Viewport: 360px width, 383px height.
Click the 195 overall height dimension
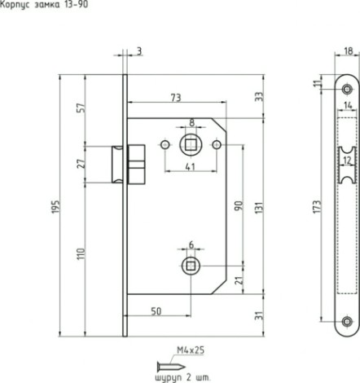pyautogui.click(x=55, y=207)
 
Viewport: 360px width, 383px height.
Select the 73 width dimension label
pyautogui.click(x=176, y=98)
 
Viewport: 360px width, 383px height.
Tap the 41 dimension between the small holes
pyautogui.click(x=191, y=166)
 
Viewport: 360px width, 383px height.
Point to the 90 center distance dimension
pyautogui.click(x=239, y=205)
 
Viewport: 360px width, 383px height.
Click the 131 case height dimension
pyautogui.click(x=259, y=208)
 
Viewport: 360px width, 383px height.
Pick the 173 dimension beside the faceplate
pyautogui.click(x=317, y=207)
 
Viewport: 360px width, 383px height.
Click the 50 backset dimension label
pyautogui.click(x=156, y=311)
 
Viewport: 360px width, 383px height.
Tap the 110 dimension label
pyautogui.click(x=81, y=253)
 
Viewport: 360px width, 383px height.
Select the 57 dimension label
pyautogui.click(x=81, y=108)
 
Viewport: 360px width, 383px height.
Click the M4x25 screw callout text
pyautogui.click(x=191, y=350)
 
